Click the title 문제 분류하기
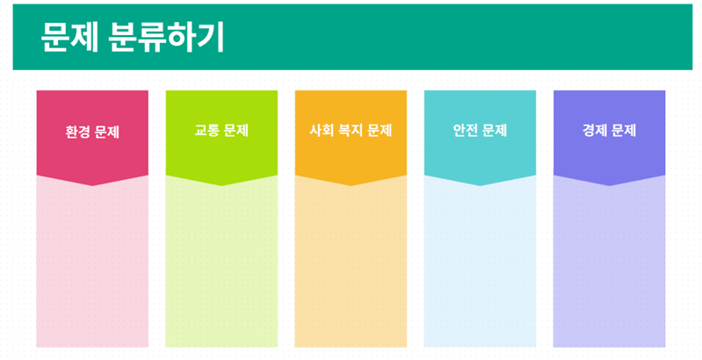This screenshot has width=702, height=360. click(132, 38)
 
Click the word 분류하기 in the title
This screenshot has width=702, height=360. click(166, 38)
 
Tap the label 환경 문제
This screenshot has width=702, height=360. click(92, 133)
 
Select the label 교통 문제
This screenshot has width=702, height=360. click(221, 131)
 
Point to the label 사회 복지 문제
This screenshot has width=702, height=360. click(351, 131)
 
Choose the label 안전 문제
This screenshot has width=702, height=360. click(480, 131)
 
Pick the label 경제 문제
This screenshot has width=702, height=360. click(610, 131)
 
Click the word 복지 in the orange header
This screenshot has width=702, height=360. click(351, 131)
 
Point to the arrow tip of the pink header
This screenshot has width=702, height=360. click(92, 185)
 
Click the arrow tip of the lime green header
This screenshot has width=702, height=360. click(221, 185)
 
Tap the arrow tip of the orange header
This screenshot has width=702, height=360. click(351, 185)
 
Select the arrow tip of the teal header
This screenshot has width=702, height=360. click(480, 185)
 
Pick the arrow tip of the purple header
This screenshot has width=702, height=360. click(610, 185)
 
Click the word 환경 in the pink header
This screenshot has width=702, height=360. click(78, 133)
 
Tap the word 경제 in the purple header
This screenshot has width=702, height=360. click(595, 131)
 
